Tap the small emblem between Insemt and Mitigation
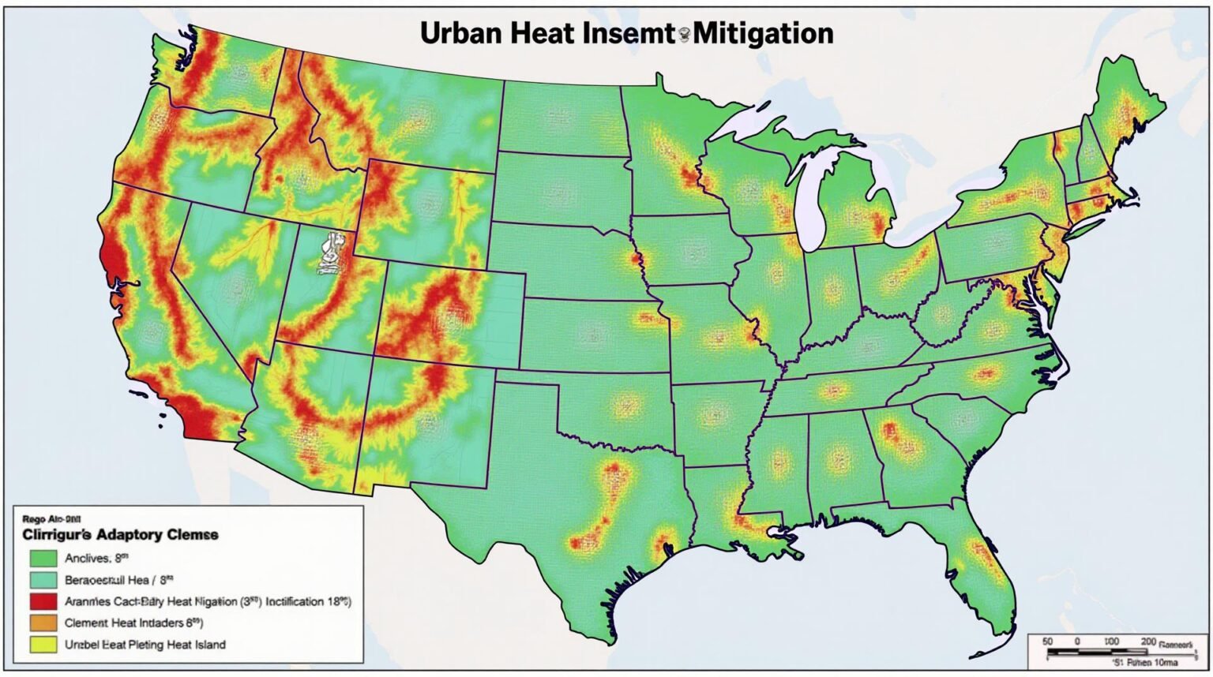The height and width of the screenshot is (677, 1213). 684,33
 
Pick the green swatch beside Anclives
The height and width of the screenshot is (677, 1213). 43,558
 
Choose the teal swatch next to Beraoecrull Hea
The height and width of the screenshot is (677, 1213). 43,580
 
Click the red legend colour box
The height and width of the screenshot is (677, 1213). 43,601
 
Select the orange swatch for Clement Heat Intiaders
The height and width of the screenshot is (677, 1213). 43,623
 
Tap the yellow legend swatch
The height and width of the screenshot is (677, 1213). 43,644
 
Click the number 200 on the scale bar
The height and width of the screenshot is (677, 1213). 1147,641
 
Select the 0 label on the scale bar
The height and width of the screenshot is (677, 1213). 1076,641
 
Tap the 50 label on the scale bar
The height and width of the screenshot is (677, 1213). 1047,641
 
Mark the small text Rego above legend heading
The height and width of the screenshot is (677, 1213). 34,519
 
